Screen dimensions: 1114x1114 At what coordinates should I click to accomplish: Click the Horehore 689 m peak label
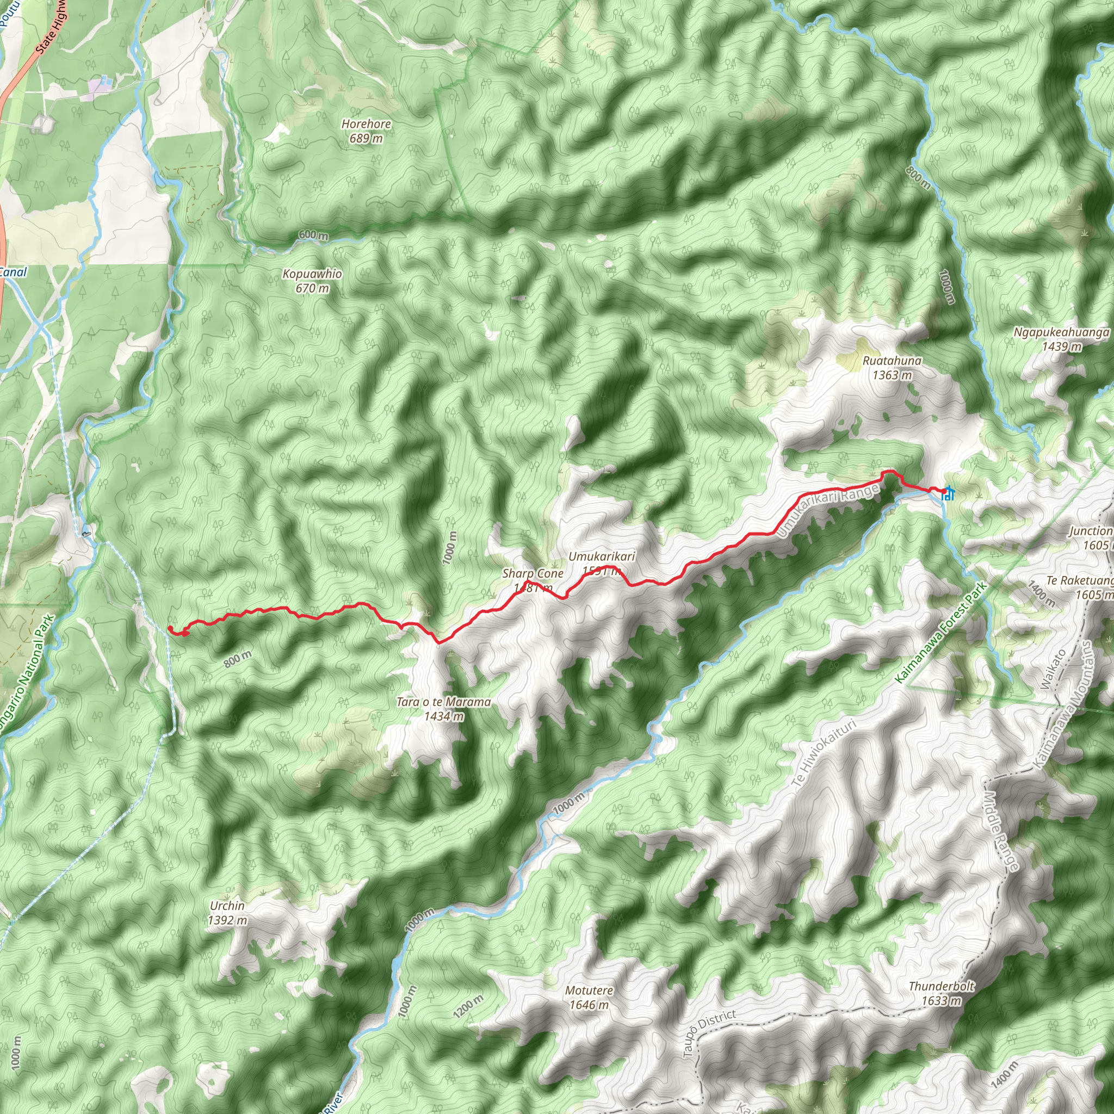pyautogui.click(x=366, y=131)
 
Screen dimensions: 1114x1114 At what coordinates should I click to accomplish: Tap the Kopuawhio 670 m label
pyautogui.click(x=312, y=281)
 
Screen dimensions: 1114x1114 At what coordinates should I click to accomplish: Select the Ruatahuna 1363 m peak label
pyautogui.click(x=892, y=368)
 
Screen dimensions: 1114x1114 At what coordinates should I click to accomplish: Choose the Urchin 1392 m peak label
pyautogui.click(x=227, y=913)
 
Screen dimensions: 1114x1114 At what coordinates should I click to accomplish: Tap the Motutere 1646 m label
pyautogui.click(x=589, y=998)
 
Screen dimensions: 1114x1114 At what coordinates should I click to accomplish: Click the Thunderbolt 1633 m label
pyautogui.click(x=941, y=993)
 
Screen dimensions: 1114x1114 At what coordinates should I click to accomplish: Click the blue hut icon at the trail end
pyautogui.click(x=948, y=493)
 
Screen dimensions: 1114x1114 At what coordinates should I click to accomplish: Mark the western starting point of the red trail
pyautogui.click(x=170, y=628)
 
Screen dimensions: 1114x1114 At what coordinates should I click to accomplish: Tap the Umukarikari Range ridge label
pyautogui.click(x=828, y=510)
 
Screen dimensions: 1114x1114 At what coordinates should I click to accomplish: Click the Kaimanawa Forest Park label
pyautogui.click(x=941, y=633)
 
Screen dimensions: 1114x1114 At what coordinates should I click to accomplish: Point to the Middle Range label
pyautogui.click(x=1001, y=830)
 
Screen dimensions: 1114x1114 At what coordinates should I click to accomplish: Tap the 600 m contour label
pyautogui.click(x=314, y=235)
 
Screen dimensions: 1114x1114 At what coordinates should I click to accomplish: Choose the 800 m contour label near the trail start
pyautogui.click(x=238, y=659)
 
